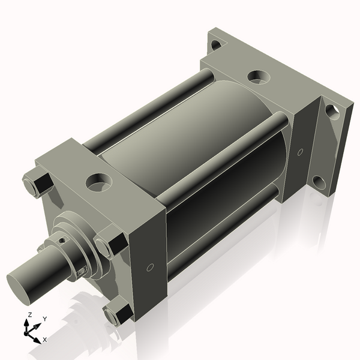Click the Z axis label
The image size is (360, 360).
pos(29,314)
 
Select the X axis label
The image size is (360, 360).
pos(44,339)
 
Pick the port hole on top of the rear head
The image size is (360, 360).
pos(258,77)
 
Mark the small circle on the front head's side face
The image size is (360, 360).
pos(150,266)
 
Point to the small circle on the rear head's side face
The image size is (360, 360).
pos(300,151)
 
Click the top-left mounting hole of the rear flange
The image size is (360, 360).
pos(215,44)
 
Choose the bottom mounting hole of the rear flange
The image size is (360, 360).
pos(319,182)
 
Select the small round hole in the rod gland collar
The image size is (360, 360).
pos(62,241)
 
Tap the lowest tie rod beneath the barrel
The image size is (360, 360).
pos(222,231)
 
